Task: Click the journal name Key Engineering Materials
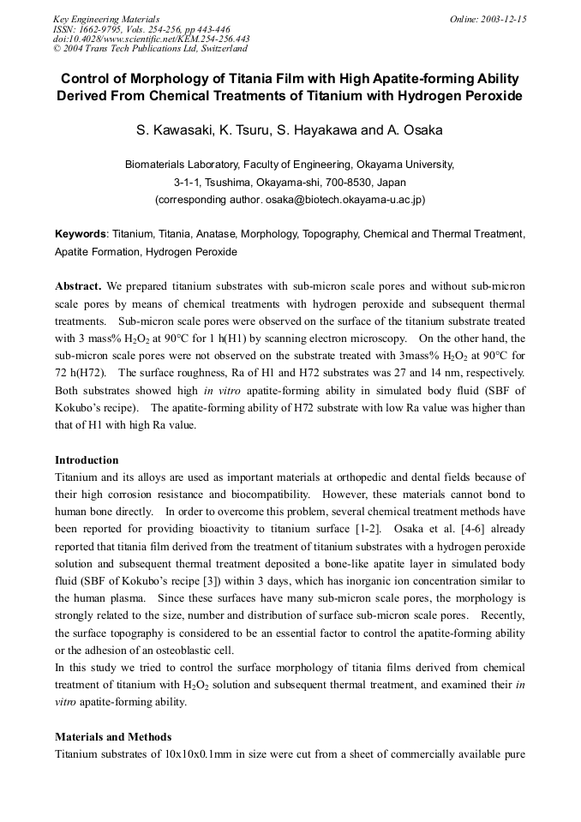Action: pos(105,19)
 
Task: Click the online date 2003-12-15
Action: pos(502,19)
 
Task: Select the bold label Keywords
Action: pos(81,233)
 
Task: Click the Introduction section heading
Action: pos(87,460)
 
